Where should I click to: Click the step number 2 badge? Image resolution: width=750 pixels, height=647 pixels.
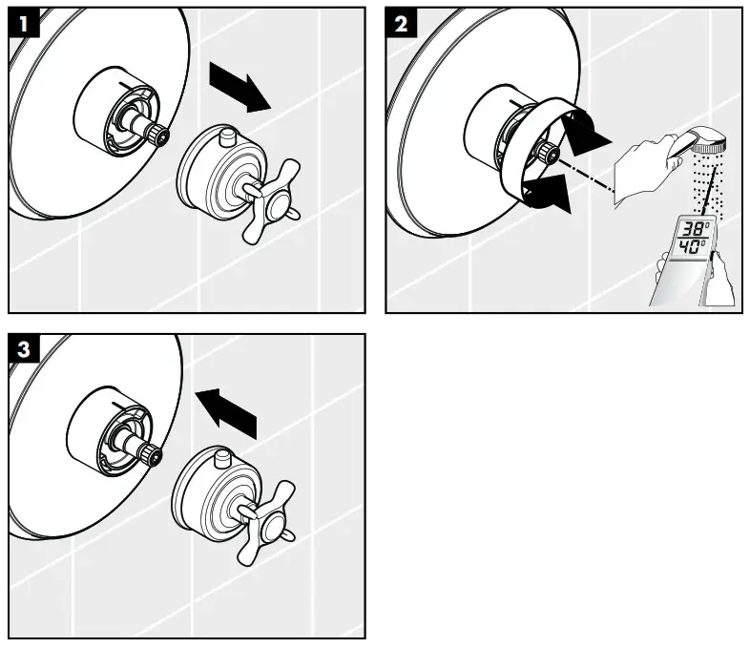pos(401,23)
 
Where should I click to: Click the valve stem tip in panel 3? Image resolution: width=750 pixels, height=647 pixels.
pos(152,455)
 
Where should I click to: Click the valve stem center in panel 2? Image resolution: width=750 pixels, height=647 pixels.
pos(549,153)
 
